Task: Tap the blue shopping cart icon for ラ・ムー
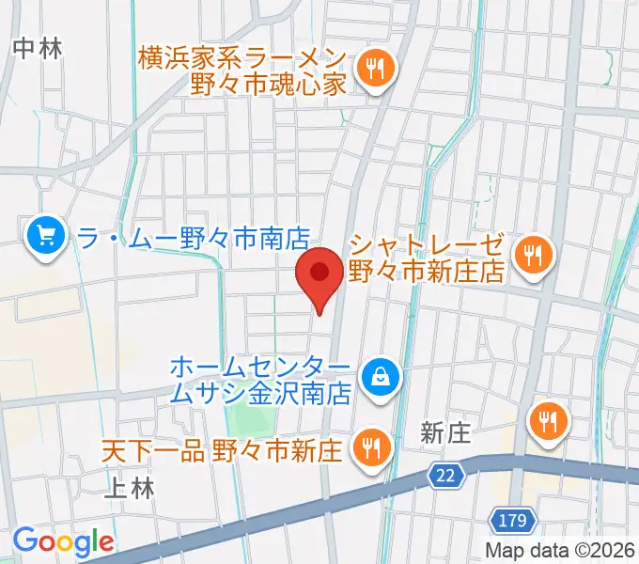pyautogui.click(x=44, y=236)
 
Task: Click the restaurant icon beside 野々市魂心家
pyautogui.click(x=377, y=69)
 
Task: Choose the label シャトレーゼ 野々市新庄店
pyautogui.click(x=428, y=258)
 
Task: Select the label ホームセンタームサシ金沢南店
pyautogui.click(x=262, y=378)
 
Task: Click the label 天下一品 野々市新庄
pyautogui.click(x=223, y=449)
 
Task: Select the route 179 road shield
pyautogui.click(x=513, y=519)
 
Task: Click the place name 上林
pyautogui.click(x=128, y=488)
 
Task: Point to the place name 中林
pyautogui.click(x=39, y=49)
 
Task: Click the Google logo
pyautogui.click(x=64, y=541)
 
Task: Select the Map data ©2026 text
pyautogui.click(x=559, y=551)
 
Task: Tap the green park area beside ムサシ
pyautogui.click(x=253, y=414)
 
